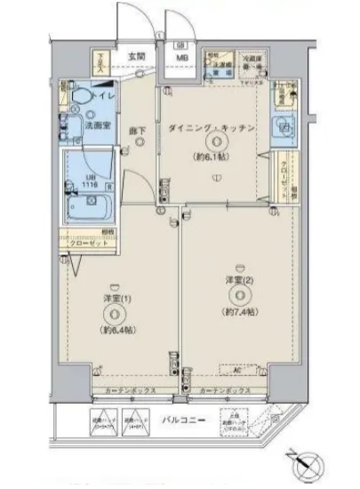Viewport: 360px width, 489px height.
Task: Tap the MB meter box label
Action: [x=181, y=60]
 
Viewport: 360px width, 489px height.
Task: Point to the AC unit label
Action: [x=237, y=369]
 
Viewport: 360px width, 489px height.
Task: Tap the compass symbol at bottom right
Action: [x=304, y=464]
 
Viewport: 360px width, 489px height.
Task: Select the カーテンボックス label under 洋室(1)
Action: [x=127, y=391]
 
